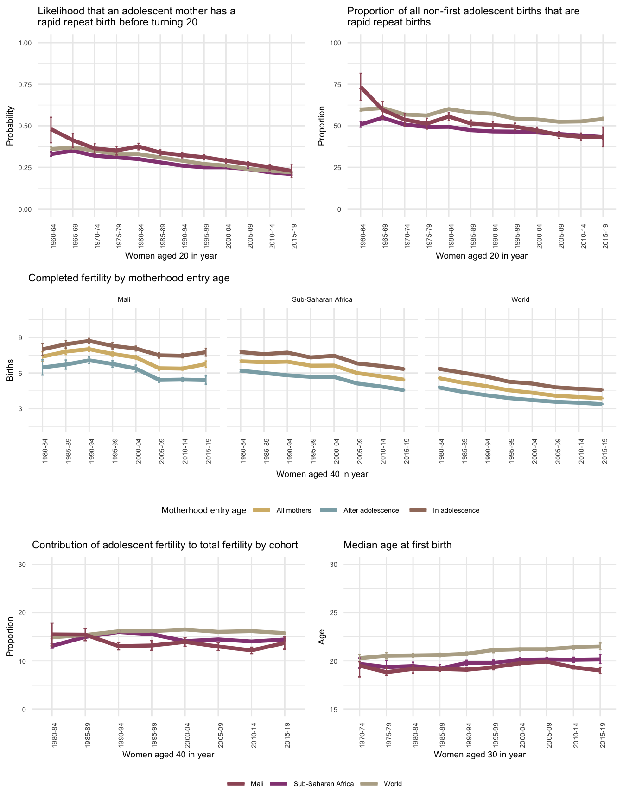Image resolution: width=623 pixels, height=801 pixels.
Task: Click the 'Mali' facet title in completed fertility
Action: pos(124,299)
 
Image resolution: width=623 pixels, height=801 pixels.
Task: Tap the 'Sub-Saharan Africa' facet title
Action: pos(322,299)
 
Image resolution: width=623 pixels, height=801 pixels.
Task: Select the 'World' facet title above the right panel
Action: pos(520,299)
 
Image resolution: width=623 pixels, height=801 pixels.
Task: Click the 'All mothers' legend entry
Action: pos(293,510)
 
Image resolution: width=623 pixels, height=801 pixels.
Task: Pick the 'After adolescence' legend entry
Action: pos(371,510)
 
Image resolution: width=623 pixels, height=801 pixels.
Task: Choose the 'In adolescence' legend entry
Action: pos(456,510)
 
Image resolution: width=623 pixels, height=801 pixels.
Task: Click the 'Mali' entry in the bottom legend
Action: pos(257,784)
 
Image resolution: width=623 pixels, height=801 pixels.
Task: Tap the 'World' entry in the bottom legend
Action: pos(393,784)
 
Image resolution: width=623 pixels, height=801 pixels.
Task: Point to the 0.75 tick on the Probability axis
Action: pos(25,84)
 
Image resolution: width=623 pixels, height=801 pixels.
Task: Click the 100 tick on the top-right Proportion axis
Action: pos(336,43)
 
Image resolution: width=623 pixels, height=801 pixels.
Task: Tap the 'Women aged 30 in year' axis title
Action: pos(480,755)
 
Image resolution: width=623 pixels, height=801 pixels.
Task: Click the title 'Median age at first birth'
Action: pos(397,545)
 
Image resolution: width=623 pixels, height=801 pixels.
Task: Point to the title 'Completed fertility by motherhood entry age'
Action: pos(129,278)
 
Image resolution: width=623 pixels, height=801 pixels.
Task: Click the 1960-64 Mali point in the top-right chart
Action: pos(361,87)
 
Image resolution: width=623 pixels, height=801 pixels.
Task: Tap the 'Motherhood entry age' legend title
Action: pos(203,510)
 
